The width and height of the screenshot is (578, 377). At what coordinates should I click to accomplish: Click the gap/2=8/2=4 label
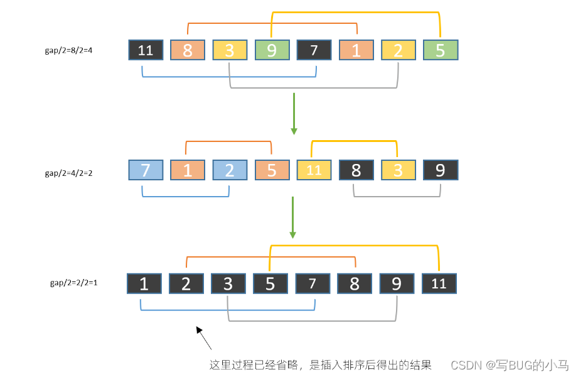(68, 50)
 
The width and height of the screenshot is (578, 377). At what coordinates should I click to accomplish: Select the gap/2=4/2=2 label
(68, 172)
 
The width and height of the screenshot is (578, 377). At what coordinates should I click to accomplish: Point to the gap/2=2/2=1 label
(73, 283)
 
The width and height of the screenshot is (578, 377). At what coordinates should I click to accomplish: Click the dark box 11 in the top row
(146, 50)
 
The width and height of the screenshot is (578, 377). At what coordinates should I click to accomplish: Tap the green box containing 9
(272, 50)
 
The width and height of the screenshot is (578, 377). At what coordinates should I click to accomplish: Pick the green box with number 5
(440, 50)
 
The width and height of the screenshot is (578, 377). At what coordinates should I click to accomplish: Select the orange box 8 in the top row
(188, 50)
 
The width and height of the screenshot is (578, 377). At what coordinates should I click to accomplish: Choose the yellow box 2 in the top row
(398, 50)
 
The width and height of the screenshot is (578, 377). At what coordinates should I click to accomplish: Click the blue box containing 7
(146, 170)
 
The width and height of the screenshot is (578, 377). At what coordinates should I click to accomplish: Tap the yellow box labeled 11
(314, 170)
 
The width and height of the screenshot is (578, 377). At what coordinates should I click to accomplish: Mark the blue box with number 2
(230, 170)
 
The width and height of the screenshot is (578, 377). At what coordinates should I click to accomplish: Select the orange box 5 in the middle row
(272, 170)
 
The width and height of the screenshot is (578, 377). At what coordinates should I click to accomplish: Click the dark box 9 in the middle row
(440, 170)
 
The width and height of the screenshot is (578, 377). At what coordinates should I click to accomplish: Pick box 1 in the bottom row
(144, 284)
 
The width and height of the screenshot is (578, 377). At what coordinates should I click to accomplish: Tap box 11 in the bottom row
(439, 284)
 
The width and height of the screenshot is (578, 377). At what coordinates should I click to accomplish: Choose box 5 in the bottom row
(270, 284)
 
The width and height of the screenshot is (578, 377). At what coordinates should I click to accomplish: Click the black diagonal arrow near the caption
(204, 337)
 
